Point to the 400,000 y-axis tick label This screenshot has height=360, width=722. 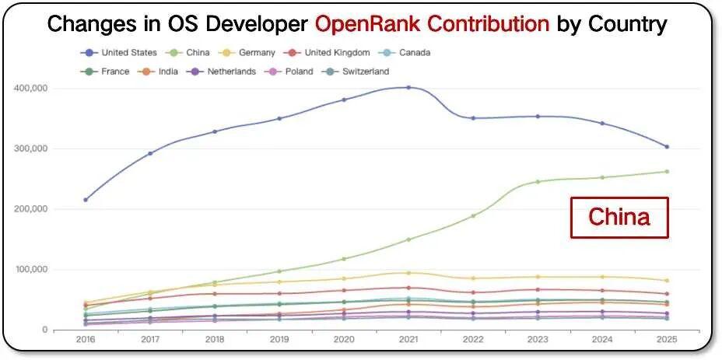(x=31, y=88)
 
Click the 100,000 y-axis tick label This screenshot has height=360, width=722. (x=31, y=270)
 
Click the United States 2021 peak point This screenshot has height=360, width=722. (x=408, y=87)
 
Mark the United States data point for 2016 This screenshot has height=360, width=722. (x=85, y=200)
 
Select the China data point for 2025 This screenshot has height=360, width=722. (x=667, y=172)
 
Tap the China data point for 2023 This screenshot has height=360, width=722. (x=538, y=182)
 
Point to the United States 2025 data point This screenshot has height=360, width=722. (x=667, y=147)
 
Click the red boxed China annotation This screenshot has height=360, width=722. (x=619, y=217)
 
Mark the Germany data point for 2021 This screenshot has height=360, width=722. (x=408, y=273)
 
